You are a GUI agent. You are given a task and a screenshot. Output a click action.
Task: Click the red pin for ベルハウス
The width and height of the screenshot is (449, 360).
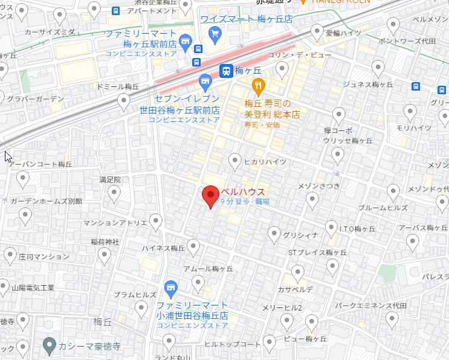pos(210,195)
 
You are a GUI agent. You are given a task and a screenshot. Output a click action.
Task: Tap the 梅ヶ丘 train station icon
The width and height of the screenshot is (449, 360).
pos(226,71)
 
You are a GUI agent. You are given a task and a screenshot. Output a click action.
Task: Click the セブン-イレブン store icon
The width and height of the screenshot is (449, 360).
pos(205,80)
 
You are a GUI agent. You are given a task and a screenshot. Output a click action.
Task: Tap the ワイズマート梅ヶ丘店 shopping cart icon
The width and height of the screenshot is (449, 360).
pos(215,34)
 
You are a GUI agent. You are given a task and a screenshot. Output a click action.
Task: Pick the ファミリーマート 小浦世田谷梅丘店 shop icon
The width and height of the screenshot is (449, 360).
pos(170,286)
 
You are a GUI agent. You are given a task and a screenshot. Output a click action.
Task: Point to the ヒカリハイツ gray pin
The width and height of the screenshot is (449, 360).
pos(235,160)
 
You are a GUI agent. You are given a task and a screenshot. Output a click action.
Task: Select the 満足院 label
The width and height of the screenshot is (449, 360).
pos(110,179)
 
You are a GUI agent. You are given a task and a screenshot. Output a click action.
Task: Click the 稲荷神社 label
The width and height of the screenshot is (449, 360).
pos(105,242)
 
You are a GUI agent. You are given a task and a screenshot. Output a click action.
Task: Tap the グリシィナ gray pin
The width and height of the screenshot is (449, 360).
pos(274,233)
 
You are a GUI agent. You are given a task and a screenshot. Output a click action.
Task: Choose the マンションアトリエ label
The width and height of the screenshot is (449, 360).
pos(115,223)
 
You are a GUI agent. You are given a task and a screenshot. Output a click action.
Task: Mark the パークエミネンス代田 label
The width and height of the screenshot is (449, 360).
pos(371,306)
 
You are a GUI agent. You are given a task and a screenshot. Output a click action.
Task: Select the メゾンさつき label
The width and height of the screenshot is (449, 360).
pos(320,185)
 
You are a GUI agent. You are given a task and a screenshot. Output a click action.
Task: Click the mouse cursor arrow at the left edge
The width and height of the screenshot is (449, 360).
pos(7,156)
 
